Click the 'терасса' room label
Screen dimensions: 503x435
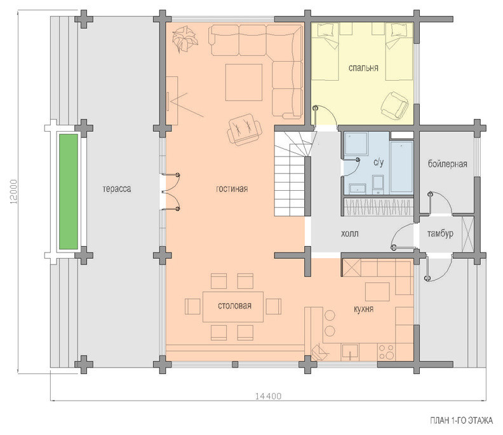[x=117, y=189]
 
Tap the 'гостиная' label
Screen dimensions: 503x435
[x=232, y=189]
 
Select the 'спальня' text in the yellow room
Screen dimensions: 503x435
[x=363, y=68]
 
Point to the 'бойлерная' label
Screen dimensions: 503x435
[x=448, y=164]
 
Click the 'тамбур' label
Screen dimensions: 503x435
[x=440, y=233]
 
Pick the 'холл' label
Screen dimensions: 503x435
[x=350, y=233]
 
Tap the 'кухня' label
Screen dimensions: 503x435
[x=363, y=309]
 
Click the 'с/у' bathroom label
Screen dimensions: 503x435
[x=379, y=163]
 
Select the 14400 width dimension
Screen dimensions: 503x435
[x=268, y=396]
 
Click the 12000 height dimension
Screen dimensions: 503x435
[x=13, y=192]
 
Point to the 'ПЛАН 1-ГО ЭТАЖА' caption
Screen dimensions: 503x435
[x=461, y=421]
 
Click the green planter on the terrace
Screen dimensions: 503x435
[x=69, y=192]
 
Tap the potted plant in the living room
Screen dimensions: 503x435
[x=184, y=39]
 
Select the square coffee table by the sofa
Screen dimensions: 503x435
[x=244, y=82]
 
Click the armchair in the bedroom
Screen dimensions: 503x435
[x=394, y=105]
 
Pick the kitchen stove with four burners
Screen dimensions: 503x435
[x=387, y=352]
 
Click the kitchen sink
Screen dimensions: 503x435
[x=351, y=352]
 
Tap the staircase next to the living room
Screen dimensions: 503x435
[x=293, y=174]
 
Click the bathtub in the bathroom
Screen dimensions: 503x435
[x=401, y=167]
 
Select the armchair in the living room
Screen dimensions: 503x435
[x=245, y=130]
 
